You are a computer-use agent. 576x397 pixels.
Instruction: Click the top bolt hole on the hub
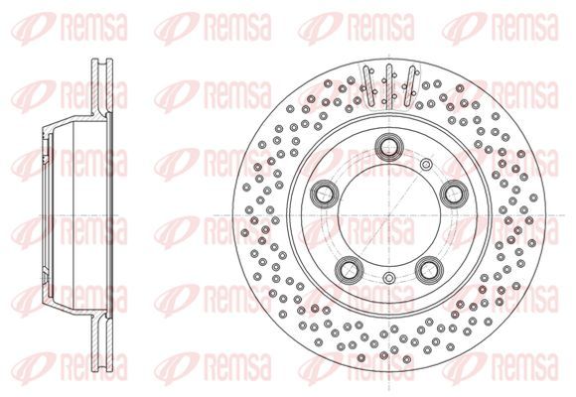(x=388, y=147)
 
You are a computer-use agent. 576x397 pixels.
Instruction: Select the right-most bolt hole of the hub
(x=454, y=194)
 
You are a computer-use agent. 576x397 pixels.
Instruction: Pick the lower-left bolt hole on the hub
(x=349, y=270)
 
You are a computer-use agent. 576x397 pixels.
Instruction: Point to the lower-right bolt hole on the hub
(x=429, y=270)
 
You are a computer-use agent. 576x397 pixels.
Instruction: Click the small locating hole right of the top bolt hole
(x=426, y=164)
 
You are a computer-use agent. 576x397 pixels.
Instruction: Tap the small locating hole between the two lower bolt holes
(x=388, y=278)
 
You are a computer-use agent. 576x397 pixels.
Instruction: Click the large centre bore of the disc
(x=389, y=214)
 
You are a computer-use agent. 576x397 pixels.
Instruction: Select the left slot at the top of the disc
(x=368, y=85)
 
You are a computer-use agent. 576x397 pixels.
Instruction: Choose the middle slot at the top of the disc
(x=389, y=86)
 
